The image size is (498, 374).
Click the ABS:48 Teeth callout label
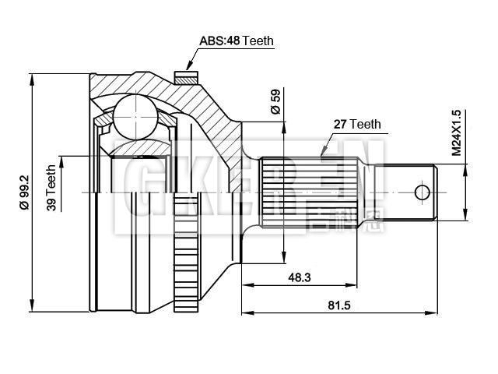(237, 41)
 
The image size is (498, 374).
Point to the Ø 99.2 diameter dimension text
(23, 190)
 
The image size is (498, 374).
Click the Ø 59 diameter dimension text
(275, 101)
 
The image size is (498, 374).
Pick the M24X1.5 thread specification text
(457, 134)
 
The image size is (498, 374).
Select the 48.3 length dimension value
(299, 277)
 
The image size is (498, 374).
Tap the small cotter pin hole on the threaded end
(422, 192)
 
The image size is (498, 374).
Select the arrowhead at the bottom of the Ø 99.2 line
(33, 303)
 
